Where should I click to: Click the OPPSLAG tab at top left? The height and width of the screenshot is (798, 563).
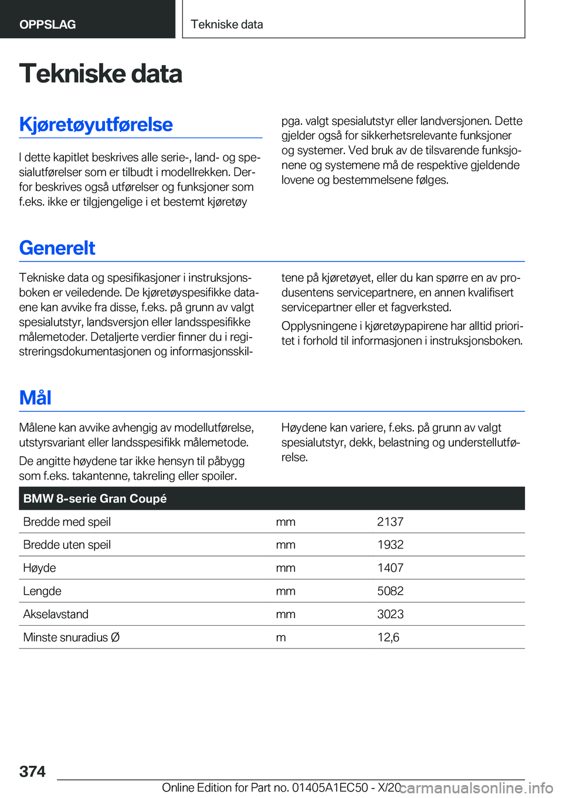click(48, 25)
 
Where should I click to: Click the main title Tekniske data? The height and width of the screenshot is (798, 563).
click(100, 74)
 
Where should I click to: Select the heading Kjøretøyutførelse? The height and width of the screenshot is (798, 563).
click(96, 125)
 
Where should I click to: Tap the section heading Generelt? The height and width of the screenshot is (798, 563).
click(57, 248)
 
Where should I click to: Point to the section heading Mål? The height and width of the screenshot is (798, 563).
click(35, 398)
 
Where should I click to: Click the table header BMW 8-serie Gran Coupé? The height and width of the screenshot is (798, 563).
click(95, 499)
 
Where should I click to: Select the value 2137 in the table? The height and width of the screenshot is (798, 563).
click(390, 522)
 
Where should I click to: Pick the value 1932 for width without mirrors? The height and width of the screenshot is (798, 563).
click(390, 545)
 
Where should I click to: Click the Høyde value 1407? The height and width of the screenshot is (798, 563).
click(390, 568)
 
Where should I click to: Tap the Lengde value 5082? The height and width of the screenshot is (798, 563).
click(390, 591)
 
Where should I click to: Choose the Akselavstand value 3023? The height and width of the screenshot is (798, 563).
click(390, 614)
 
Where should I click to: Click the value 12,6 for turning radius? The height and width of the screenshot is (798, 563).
click(388, 637)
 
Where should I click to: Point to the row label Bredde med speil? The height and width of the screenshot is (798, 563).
click(67, 522)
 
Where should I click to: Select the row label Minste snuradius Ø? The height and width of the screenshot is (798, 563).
click(71, 637)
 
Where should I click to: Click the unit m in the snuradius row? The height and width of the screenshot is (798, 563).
click(281, 637)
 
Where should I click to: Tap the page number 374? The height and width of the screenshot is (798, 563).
click(32, 772)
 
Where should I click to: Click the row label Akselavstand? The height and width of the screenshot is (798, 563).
click(56, 614)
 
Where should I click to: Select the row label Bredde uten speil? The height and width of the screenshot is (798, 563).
click(67, 545)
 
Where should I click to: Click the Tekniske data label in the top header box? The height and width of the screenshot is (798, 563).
click(227, 25)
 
